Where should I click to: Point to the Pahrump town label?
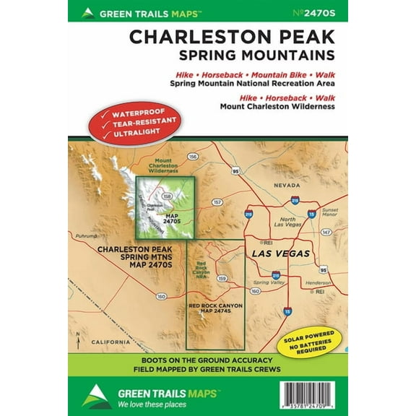85,235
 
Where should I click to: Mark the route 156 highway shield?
193,156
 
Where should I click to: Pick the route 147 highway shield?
326,233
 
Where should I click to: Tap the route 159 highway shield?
223,278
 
